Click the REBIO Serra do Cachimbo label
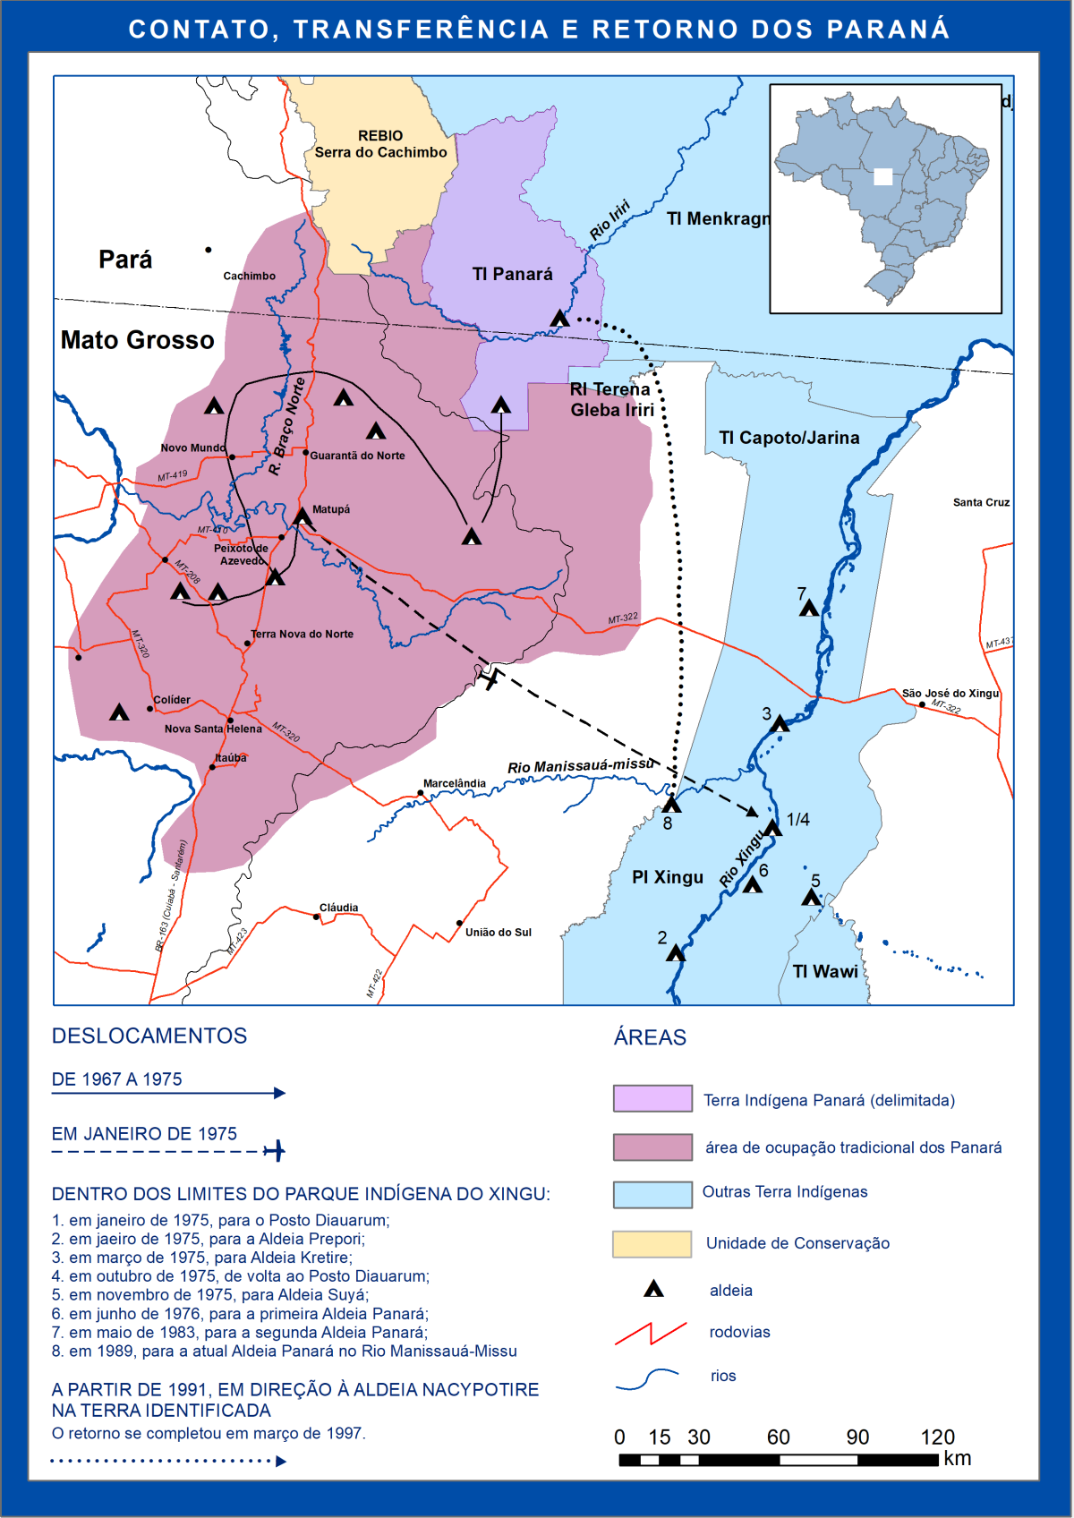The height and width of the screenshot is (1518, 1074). (380, 144)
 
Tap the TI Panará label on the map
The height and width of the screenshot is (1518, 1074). (512, 274)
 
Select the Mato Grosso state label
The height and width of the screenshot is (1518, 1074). (137, 340)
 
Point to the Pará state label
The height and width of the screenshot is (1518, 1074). (125, 260)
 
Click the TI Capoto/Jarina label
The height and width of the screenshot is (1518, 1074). (788, 438)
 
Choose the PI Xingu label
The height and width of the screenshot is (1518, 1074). (668, 877)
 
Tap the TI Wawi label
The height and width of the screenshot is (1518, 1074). (825, 971)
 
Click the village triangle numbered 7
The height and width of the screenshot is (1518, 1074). (809, 609)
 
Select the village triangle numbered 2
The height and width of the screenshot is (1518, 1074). (676, 954)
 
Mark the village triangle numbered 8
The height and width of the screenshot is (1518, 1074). (671, 805)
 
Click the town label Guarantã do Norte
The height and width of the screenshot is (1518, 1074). (357, 456)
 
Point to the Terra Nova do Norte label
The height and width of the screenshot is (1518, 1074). (302, 634)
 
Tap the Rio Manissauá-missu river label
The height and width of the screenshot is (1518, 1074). (580, 766)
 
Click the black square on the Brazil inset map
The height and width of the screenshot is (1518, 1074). (883, 176)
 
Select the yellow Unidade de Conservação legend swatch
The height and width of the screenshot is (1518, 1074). (652, 1244)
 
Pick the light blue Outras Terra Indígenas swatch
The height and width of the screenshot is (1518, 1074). (652, 1194)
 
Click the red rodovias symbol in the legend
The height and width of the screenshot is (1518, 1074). (651, 1334)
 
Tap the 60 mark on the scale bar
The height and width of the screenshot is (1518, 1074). (778, 1437)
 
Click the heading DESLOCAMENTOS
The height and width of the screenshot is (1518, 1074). (149, 1036)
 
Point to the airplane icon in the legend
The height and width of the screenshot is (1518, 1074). (275, 1150)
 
